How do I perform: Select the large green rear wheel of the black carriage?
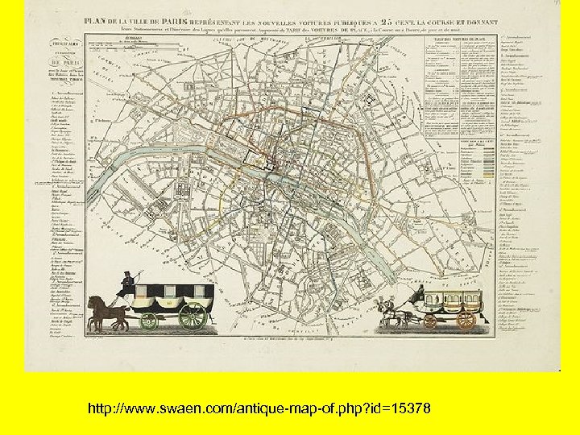click(193, 316)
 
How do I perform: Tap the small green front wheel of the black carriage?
click(149, 321)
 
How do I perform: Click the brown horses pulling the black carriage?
click(106, 313)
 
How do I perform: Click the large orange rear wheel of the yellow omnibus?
click(466, 320)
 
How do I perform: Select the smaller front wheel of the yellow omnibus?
click(430, 322)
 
